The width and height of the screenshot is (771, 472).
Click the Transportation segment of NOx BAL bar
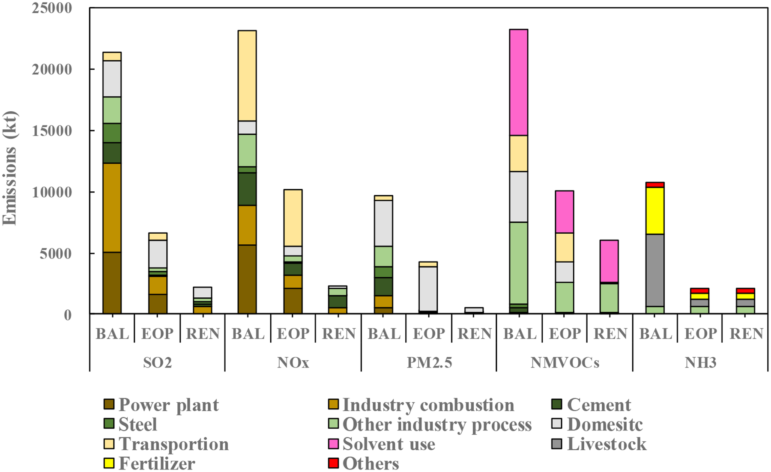247,76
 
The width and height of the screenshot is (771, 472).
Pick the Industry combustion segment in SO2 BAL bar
112,208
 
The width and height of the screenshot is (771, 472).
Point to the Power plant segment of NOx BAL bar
247,279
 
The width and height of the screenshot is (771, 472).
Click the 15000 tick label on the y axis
52,131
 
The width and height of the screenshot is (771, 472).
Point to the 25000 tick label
52,8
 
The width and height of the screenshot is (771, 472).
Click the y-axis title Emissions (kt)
9,168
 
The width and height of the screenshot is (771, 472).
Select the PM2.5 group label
429,363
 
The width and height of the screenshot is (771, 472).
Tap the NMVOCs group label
565,363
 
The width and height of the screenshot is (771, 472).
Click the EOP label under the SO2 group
157,334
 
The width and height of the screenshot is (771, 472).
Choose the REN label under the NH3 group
746,334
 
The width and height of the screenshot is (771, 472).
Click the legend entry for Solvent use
388,444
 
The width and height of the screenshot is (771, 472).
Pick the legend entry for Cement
598,405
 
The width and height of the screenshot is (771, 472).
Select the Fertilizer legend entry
156,463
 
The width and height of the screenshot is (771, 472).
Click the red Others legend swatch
333,463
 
